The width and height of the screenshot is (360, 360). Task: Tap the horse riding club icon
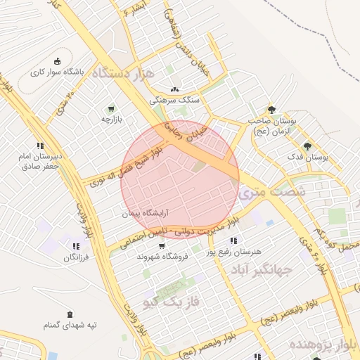[x=58, y=60]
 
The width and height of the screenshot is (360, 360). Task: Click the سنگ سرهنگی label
[x=180, y=101]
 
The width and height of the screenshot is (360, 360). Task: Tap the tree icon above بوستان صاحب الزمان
[x=272, y=110]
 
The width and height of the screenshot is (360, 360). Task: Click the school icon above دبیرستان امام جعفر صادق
[x=41, y=145]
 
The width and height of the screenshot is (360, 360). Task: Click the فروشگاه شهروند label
[x=162, y=257]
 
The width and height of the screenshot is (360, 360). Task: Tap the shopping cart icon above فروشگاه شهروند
[x=163, y=246]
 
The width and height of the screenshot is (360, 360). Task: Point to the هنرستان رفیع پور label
[x=233, y=250]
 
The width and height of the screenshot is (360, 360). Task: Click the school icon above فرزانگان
[x=75, y=247]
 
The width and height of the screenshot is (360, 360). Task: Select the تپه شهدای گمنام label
[x=69, y=326]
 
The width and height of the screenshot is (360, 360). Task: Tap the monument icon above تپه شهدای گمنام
[x=69, y=314]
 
